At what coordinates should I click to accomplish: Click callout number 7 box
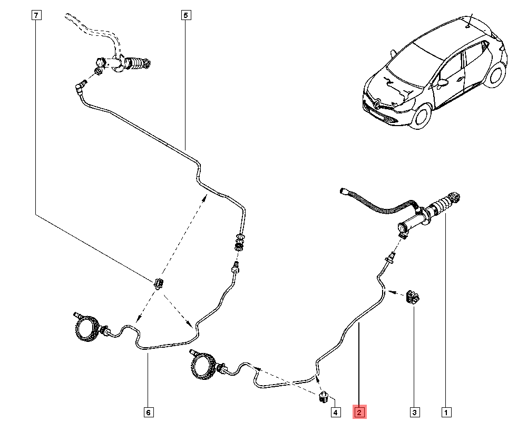click(35, 16)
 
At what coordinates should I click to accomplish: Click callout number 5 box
click(185, 16)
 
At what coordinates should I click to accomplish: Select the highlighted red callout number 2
click(359, 412)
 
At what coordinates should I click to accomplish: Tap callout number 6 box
click(148, 412)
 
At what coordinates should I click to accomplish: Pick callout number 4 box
click(335, 412)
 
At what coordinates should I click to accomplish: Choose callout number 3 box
click(414, 412)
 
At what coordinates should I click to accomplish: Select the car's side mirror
click(442, 83)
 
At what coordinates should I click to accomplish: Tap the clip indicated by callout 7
click(159, 283)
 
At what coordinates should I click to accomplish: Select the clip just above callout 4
click(324, 396)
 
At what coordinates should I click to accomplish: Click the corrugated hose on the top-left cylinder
click(138, 65)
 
